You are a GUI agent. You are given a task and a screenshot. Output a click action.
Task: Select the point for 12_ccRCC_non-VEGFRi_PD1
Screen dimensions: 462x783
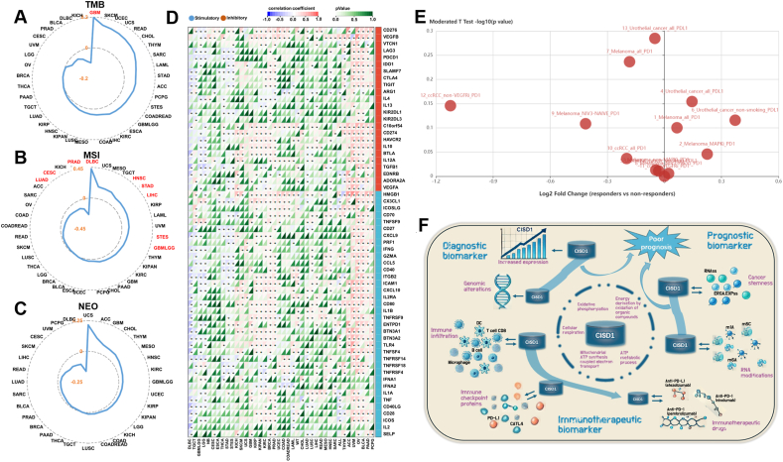(x=452, y=105)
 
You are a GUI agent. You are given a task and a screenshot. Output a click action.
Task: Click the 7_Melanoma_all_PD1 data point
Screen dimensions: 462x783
(x=629, y=61)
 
